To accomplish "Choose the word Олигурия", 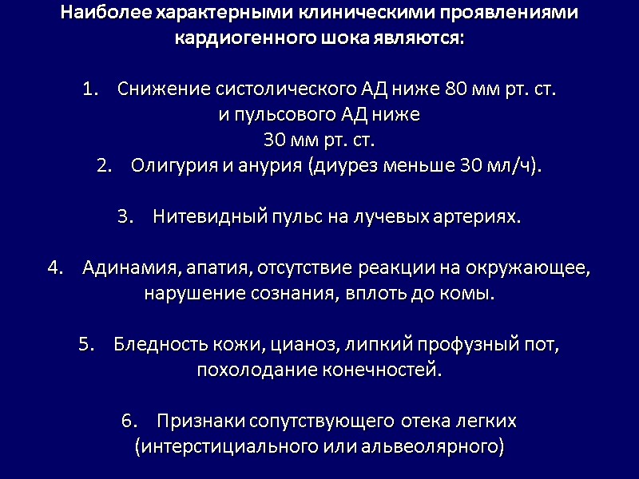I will (168, 166).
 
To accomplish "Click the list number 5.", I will (87, 344).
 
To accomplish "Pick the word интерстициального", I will (216, 446).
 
